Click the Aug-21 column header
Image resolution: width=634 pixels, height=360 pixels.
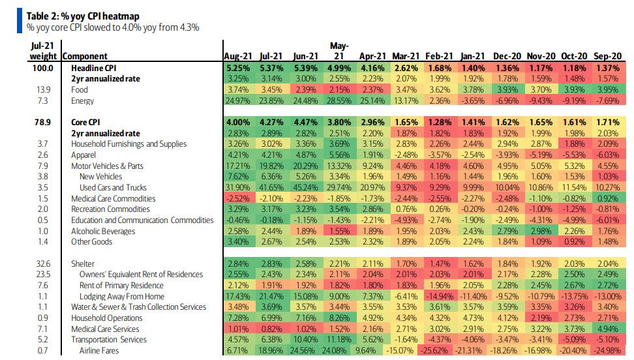(238, 56)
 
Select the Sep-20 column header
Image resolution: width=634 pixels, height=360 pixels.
(608, 56)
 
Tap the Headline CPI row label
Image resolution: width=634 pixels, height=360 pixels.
(95, 68)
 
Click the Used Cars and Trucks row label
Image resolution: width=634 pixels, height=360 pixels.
(113, 188)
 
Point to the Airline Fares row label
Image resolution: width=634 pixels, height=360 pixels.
(99, 351)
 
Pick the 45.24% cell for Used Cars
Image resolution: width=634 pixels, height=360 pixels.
(305, 188)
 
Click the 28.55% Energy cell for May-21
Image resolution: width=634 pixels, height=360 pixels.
(339, 101)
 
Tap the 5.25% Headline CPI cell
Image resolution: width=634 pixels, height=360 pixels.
(237, 68)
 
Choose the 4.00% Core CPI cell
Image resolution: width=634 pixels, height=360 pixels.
(237, 123)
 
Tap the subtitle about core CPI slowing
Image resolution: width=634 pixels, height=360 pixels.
(113, 27)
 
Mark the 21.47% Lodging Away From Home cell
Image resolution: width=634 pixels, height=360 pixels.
(271, 296)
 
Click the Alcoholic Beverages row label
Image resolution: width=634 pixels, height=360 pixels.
(104, 231)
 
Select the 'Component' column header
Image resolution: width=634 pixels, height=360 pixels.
(85, 56)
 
